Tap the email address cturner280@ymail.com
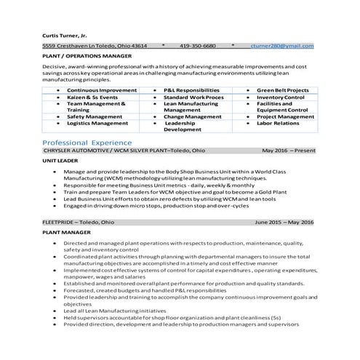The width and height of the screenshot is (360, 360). point(281,46)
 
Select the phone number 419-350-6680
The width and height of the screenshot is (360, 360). point(198,46)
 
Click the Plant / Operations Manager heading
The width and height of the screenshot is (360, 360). point(87,55)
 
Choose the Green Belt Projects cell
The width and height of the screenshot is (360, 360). point(283,90)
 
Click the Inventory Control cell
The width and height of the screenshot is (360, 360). point(280,97)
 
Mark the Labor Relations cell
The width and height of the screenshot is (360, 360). point(278,123)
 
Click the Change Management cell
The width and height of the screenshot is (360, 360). point(187,116)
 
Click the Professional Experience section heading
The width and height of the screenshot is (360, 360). point(87,143)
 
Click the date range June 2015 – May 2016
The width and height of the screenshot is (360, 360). point(284,222)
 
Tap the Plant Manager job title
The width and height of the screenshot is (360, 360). point(66,232)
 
